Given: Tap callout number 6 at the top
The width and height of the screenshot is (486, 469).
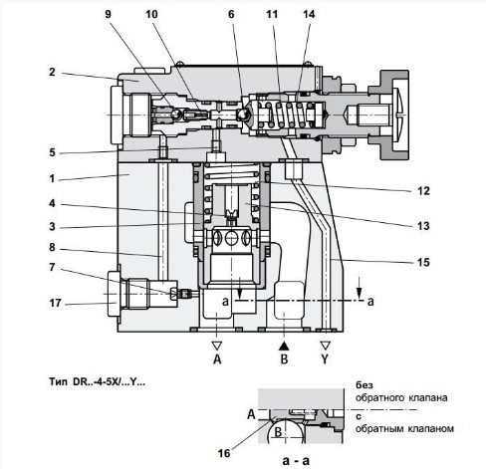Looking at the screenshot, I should [230, 16].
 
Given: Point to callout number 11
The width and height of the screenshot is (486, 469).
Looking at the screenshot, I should [271, 16].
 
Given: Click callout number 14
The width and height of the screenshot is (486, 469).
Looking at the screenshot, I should [308, 16].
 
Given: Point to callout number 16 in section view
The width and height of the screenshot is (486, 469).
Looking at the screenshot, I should [239, 450].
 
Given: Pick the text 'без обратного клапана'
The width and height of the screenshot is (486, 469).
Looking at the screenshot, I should [403, 390].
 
